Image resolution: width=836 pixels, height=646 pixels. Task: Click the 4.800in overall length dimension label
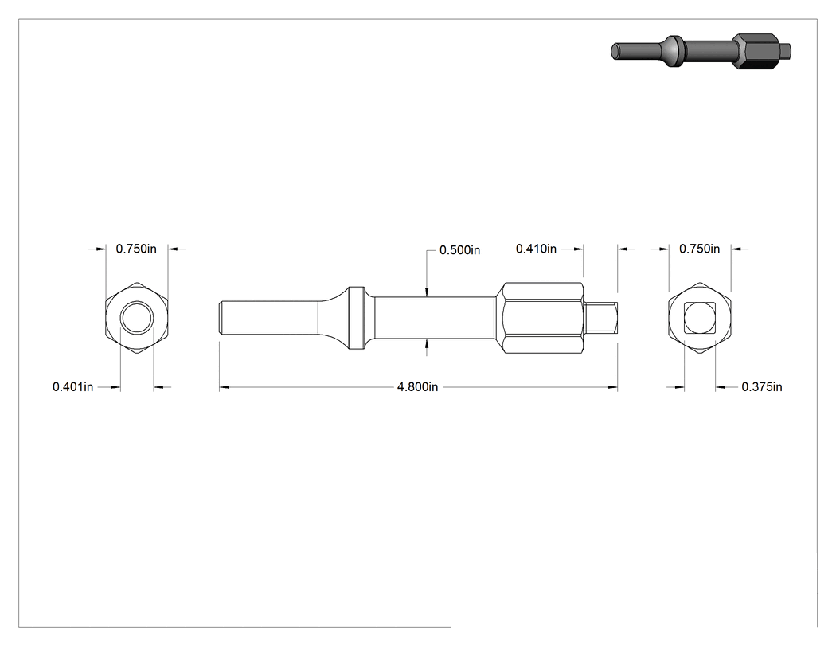pyautogui.click(x=417, y=387)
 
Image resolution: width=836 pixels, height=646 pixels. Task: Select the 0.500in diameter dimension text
pyautogui.click(x=459, y=250)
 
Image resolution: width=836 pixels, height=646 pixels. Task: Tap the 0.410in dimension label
pyautogui.click(x=536, y=249)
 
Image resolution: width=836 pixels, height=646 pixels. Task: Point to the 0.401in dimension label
pyautogui.click(x=72, y=387)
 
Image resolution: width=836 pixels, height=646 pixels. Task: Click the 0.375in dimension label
pyautogui.click(x=762, y=387)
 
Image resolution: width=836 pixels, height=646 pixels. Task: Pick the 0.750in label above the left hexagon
pyautogui.click(x=136, y=249)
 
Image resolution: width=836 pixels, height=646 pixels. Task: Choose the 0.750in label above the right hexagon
pyautogui.click(x=700, y=249)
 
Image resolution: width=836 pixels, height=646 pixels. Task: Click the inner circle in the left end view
pyautogui.click(x=137, y=301)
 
